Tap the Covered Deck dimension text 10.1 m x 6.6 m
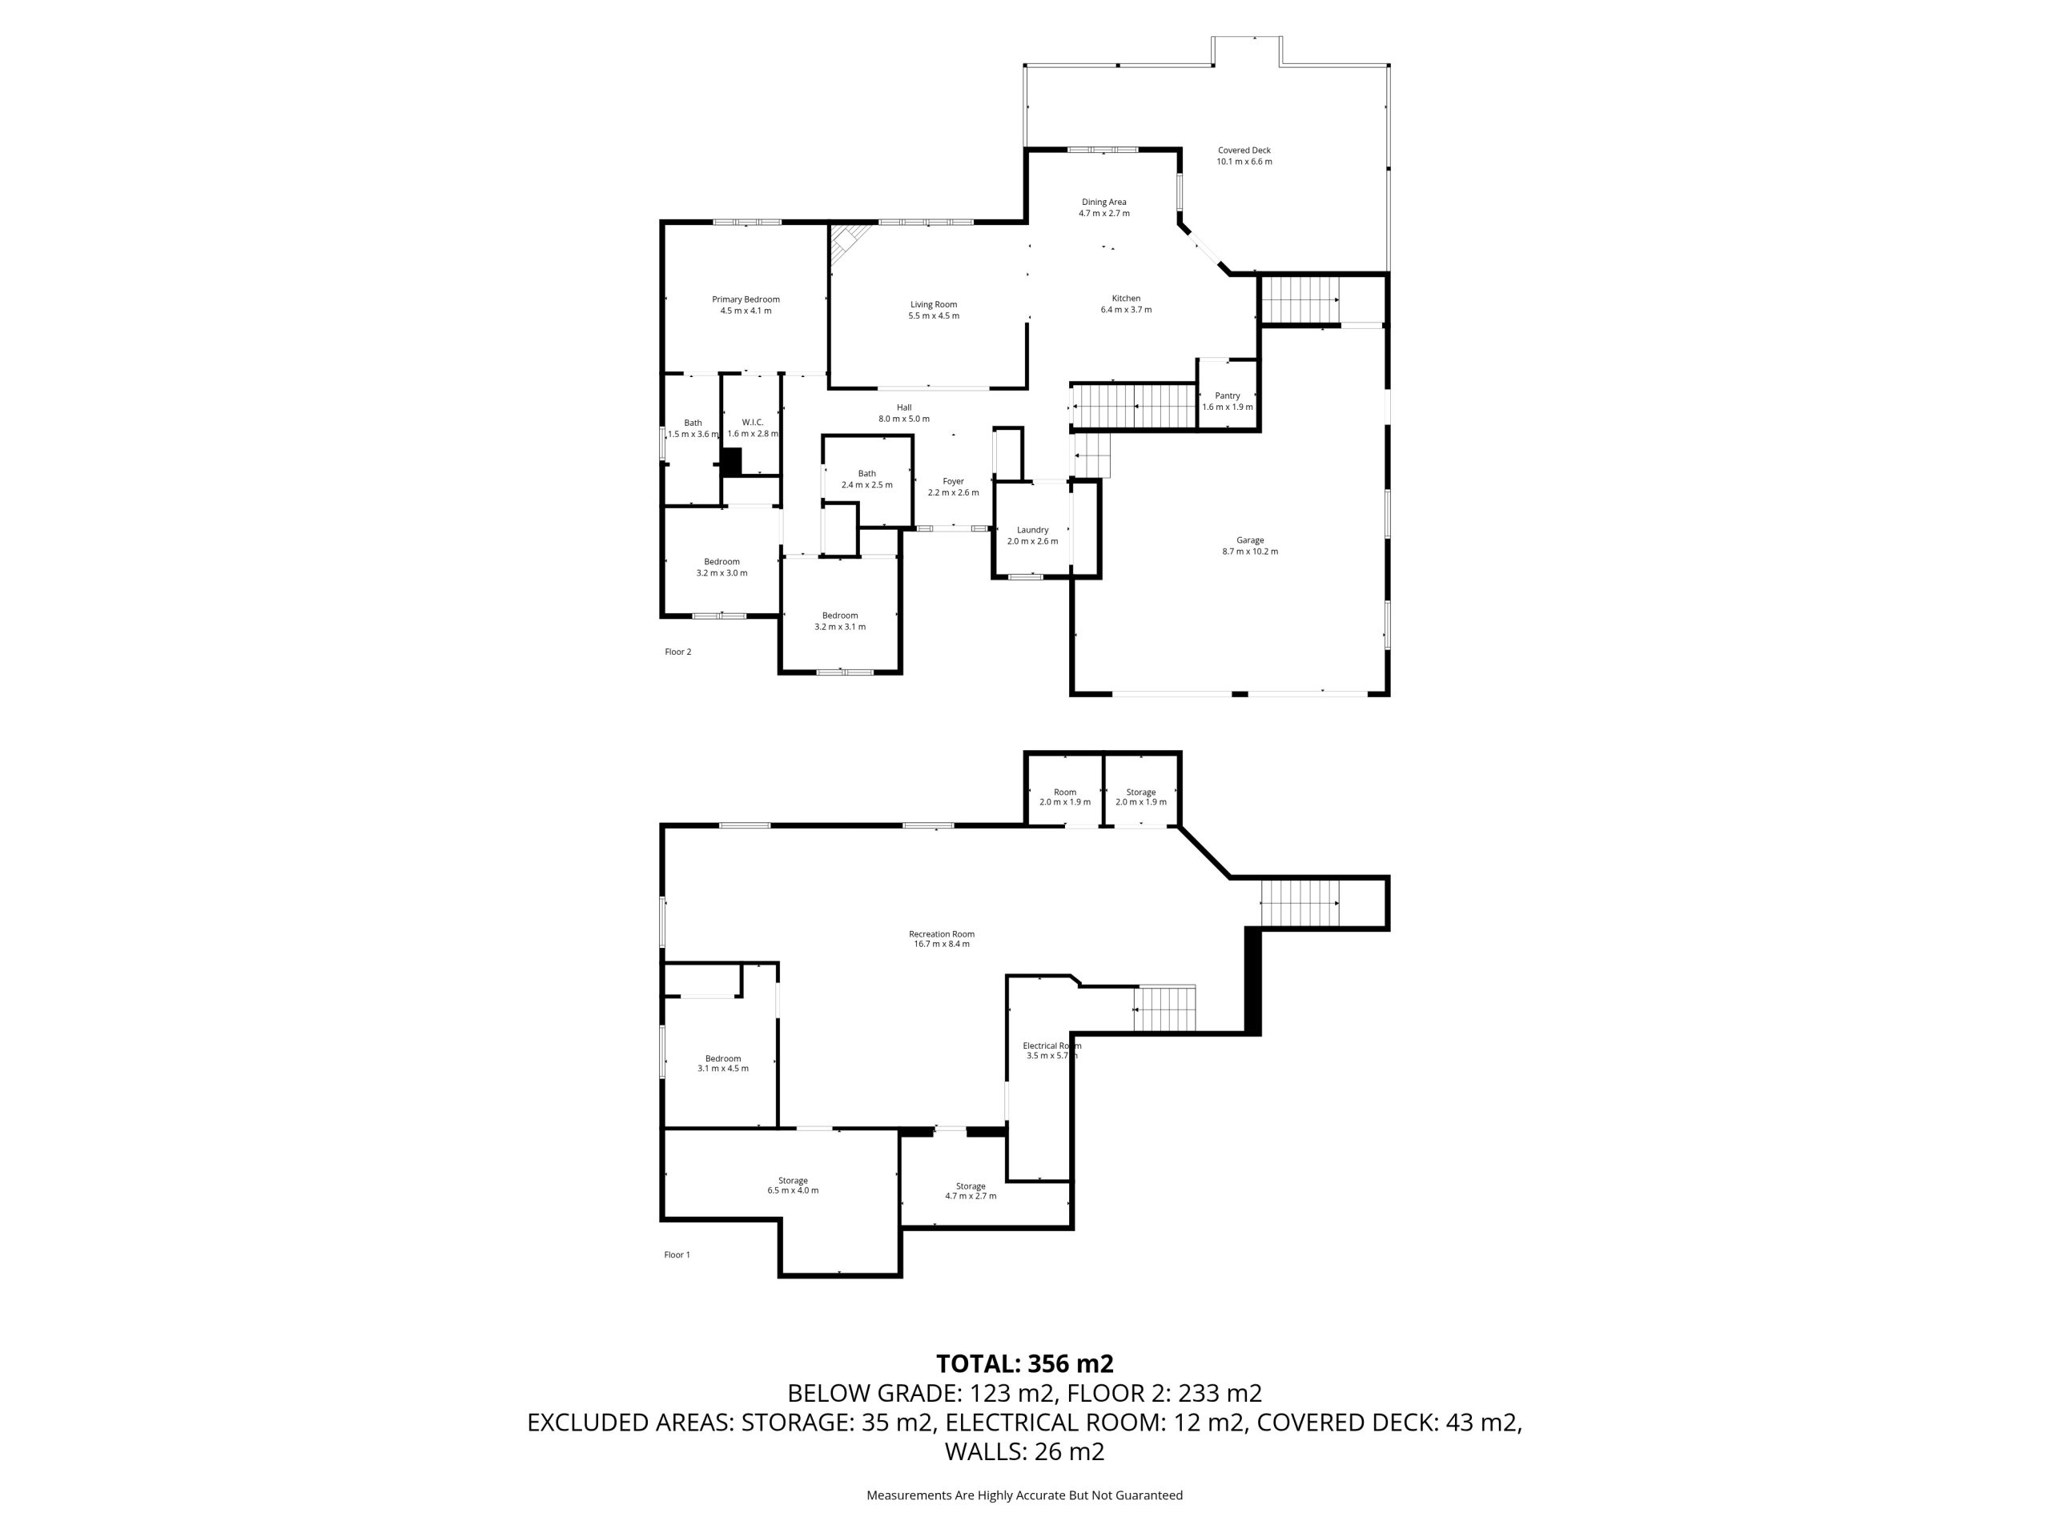pyautogui.click(x=1244, y=161)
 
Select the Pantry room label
pyautogui.click(x=1227, y=395)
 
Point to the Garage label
pyautogui.click(x=1249, y=540)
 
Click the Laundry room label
pyautogui.click(x=1032, y=530)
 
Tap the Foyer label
pyautogui.click(x=953, y=481)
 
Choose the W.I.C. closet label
pyautogui.click(x=752, y=423)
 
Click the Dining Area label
pyautogui.click(x=1103, y=202)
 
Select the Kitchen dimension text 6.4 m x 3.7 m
pyautogui.click(x=1126, y=310)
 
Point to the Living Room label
pyautogui.click(x=933, y=304)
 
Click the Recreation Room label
pyautogui.click(x=942, y=934)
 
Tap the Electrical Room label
pyautogui.click(x=1052, y=1046)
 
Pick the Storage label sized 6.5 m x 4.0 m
pyautogui.click(x=793, y=1180)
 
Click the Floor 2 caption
pyautogui.click(x=677, y=652)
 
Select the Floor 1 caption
pyautogui.click(x=677, y=1254)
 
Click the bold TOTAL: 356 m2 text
pyautogui.click(x=1024, y=1364)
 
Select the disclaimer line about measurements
pyautogui.click(x=1024, y=1495)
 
